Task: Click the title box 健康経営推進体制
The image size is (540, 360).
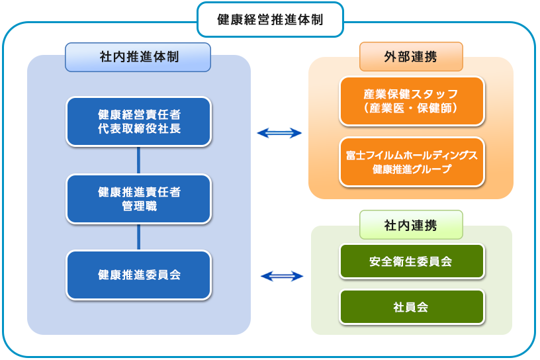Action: [x=271, y=20]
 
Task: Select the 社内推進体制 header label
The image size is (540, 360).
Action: [x=138, y=57]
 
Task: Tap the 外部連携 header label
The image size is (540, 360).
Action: [x=411, y=57]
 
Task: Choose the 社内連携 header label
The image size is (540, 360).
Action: [x=411, y=225]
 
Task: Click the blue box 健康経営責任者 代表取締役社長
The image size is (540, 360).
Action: [x=139, y=122]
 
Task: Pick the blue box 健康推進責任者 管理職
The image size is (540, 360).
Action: [x=139, y=199]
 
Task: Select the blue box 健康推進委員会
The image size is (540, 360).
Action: [x=139, y=275]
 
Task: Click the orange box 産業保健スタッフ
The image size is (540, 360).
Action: [x=412, y=101]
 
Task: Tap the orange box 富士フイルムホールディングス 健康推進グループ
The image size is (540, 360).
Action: [x=412, y=162]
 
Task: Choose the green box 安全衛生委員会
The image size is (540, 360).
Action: [x=412, y=261]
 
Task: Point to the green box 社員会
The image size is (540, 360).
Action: [x=412, y=306]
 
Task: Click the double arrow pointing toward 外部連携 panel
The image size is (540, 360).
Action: [x=279, y=133]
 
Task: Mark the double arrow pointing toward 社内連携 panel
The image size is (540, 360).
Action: [x=282, y=276]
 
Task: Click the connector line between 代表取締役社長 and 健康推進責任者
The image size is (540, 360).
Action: [x=138, y=161]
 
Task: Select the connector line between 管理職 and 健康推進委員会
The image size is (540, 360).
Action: [x=138, y=238]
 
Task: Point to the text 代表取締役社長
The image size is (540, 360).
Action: [x=140, y=129]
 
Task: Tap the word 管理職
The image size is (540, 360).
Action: [x=140, y=206]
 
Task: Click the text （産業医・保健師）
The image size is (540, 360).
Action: [x=411, y=108]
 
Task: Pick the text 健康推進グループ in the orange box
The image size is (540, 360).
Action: [x=412, y=169]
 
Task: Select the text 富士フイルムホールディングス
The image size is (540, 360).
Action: [x=412, y=156]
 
